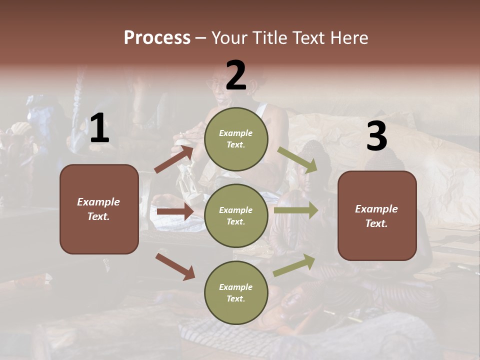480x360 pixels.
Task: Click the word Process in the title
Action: (x=157, y=37)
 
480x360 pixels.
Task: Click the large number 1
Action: (x=99, y=128)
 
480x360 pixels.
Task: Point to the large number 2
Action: (x=236, y=75)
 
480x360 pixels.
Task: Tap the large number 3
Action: (x=376, y=136)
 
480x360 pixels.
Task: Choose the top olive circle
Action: (x=236, y=139)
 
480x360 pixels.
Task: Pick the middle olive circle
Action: (x=236, y=216)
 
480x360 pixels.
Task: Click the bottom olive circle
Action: (x=236, y=293)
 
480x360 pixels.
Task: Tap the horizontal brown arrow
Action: (x=175, y=211)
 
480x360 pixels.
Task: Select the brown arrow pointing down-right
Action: (x=175, y=266)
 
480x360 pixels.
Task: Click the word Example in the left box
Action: (x=98, y=202)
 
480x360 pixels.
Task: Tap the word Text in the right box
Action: (x=376, y=223)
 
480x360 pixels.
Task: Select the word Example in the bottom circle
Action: (x=236, y=287)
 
